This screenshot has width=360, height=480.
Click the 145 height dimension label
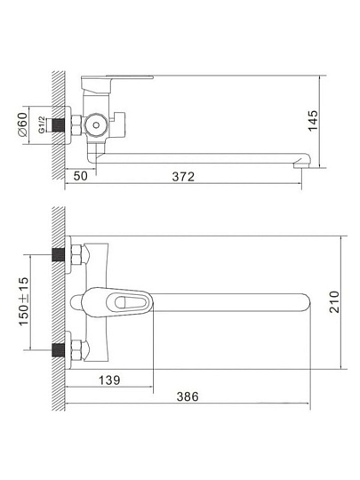pos(313,121)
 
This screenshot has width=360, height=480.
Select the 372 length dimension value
pos(183,177)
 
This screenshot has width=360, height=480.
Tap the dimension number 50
pos(81,176)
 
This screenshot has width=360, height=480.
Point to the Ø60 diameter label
pos(22,124)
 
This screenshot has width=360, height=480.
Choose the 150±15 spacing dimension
pos(24,301)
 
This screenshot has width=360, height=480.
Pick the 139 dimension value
pos(109,380)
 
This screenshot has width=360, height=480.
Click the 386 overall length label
pos(188,396)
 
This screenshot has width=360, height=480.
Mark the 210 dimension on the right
pos(334,302)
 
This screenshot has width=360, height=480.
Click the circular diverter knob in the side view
pos(96,125)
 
